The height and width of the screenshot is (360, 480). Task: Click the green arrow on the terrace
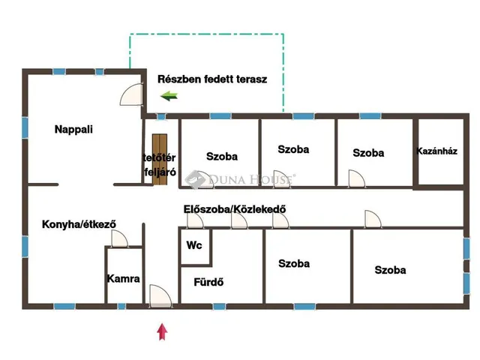coord(169,96)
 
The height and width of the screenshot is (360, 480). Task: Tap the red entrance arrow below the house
coord(162,331)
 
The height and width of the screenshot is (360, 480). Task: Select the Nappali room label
coord(73,129)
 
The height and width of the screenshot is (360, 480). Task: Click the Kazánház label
coord(436,151)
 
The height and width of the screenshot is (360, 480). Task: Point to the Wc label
coord(194,245)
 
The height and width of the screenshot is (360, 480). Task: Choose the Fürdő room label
coord(208,282)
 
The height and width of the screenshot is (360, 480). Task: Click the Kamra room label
coord(123,278)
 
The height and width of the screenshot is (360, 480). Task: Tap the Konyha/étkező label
coord(79,224)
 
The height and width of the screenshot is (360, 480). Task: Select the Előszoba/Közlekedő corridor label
coord(235,209)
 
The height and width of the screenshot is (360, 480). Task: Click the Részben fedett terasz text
coord(212,79)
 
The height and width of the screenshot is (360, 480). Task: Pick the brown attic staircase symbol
coord(160,160)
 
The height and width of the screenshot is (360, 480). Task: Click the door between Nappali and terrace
coord(132,94)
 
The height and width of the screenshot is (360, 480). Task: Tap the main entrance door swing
coord(160,295)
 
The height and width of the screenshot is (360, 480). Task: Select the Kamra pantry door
coord(119,238)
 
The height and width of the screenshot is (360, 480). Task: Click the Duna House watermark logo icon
coord(195,179)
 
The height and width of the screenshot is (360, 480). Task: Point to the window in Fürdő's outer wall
coord(219,306)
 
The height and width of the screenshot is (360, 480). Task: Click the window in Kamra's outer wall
coord(121,306)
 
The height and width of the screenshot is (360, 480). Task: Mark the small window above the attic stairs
coord(161,116)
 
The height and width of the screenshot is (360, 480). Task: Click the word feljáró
coord(160,172)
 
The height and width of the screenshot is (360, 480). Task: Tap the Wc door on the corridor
coord(195,220)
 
